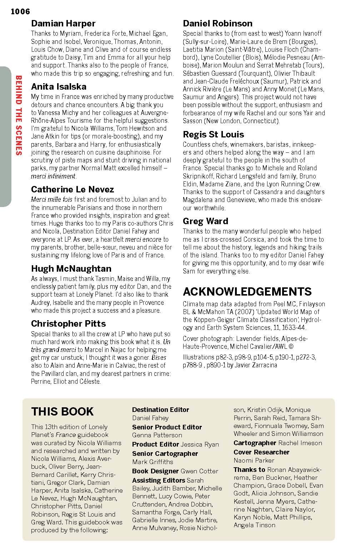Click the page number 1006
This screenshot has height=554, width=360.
20,12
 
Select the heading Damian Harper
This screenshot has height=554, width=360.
63,24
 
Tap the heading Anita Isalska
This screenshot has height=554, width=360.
59,86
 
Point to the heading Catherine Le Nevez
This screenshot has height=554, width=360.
72,189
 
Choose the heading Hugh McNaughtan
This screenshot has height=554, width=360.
71,268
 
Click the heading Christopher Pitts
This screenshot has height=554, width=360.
68,323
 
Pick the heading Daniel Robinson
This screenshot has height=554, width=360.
217,24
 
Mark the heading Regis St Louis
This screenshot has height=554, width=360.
213,134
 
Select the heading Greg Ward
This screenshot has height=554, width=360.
205,221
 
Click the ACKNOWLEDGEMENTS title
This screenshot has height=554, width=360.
247,291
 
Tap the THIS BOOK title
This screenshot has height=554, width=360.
62,411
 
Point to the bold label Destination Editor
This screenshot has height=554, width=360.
160,410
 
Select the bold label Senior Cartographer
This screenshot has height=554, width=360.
165,453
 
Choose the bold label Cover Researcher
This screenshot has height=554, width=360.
261,452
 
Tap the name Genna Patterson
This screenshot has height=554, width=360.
157,435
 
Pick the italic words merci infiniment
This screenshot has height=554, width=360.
53,176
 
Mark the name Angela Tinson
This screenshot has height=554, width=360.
254,525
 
